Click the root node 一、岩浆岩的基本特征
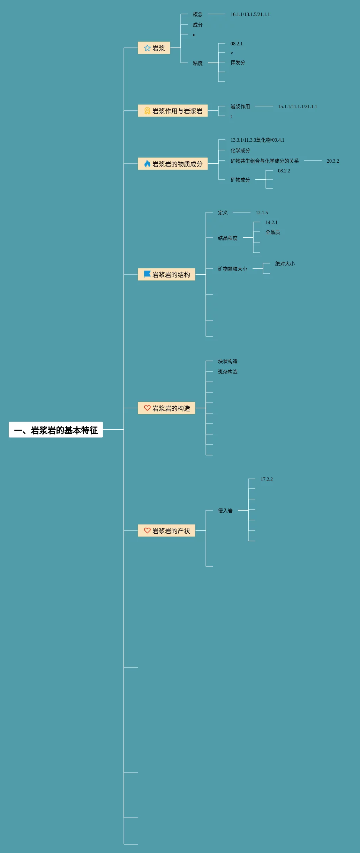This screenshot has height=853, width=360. coord(56,430)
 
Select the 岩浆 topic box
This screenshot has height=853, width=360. coord(154,48)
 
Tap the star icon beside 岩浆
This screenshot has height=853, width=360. coord(147,48)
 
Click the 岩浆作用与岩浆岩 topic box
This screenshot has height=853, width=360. coord(173,111)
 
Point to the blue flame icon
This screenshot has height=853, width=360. coord(147,163)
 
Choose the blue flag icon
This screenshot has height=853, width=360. coord(147,274)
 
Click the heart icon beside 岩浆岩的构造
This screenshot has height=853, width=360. coord(147,408)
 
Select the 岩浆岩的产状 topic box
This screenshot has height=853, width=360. coord(166,531)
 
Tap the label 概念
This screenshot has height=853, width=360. coord(197,14)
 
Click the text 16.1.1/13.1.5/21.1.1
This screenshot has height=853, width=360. coord(250,14)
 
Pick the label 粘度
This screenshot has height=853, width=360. coord(197,63)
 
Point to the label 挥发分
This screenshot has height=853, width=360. coord(238,62)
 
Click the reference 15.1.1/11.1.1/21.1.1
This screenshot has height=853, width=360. coord(297,106)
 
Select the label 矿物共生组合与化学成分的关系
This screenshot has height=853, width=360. coord(264,161)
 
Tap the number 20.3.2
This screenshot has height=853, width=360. coord(332,161)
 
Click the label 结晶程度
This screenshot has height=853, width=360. coord(227,238)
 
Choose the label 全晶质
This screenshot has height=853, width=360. coord(272,232)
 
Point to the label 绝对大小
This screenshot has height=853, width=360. coord(285,264)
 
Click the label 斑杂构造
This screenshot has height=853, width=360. coord(227,372)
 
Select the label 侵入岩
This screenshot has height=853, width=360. coord(225,511)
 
